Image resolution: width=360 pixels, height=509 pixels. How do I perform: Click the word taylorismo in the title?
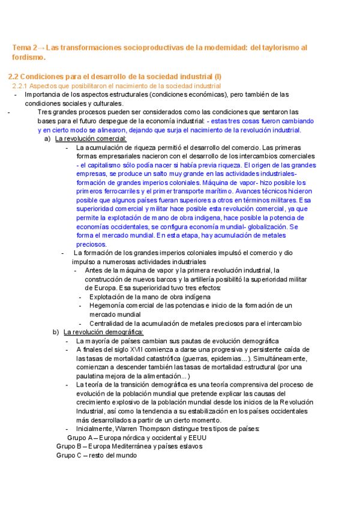281,47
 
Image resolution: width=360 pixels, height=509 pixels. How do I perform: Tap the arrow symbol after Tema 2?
40,47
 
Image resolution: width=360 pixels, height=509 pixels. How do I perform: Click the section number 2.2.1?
21,86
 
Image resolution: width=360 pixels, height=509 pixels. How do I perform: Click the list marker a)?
47,139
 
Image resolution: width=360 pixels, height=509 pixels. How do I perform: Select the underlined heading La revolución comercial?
91,139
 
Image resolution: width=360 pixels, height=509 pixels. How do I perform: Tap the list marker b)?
56,332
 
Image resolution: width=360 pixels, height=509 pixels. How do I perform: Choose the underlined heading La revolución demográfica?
103,332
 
